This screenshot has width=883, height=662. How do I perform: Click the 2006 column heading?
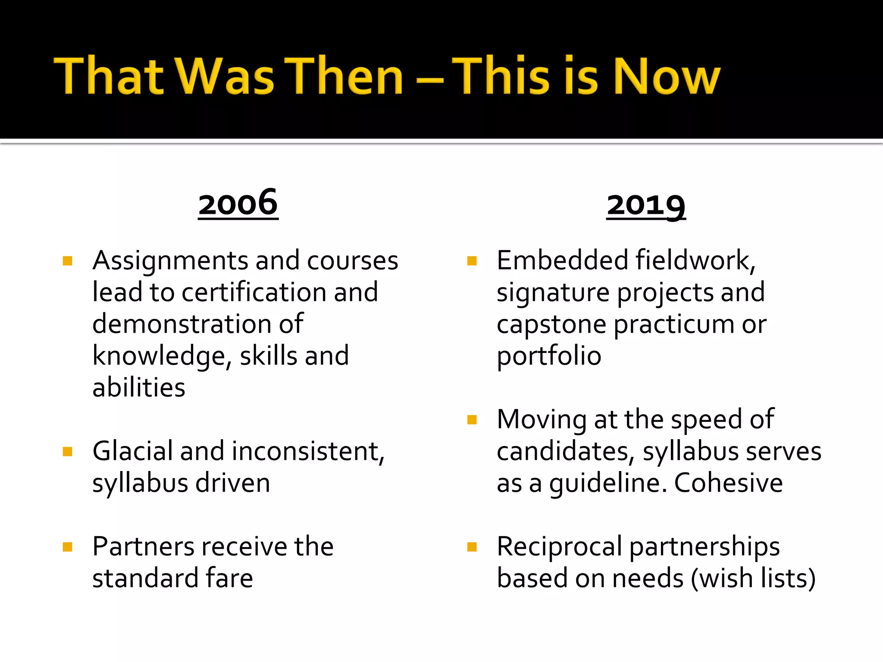tap(238, 204)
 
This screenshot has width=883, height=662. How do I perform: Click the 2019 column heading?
tap(646, 205)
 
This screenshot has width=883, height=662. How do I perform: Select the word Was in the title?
tap(224, 76)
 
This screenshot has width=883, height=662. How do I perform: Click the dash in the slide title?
tap(430, 80)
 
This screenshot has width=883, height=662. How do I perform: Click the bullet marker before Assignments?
tap(67, 261)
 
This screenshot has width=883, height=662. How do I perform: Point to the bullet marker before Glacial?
tap(67, 452)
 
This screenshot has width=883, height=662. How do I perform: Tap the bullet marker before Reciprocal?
tap(472, 547)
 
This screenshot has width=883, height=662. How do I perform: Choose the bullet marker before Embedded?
tap(472, 261)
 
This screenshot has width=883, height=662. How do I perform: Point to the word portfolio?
tap(549, 356)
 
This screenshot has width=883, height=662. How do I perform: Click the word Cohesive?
tap(728, 483)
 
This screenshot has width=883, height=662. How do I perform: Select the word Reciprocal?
tap(559, 546)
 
